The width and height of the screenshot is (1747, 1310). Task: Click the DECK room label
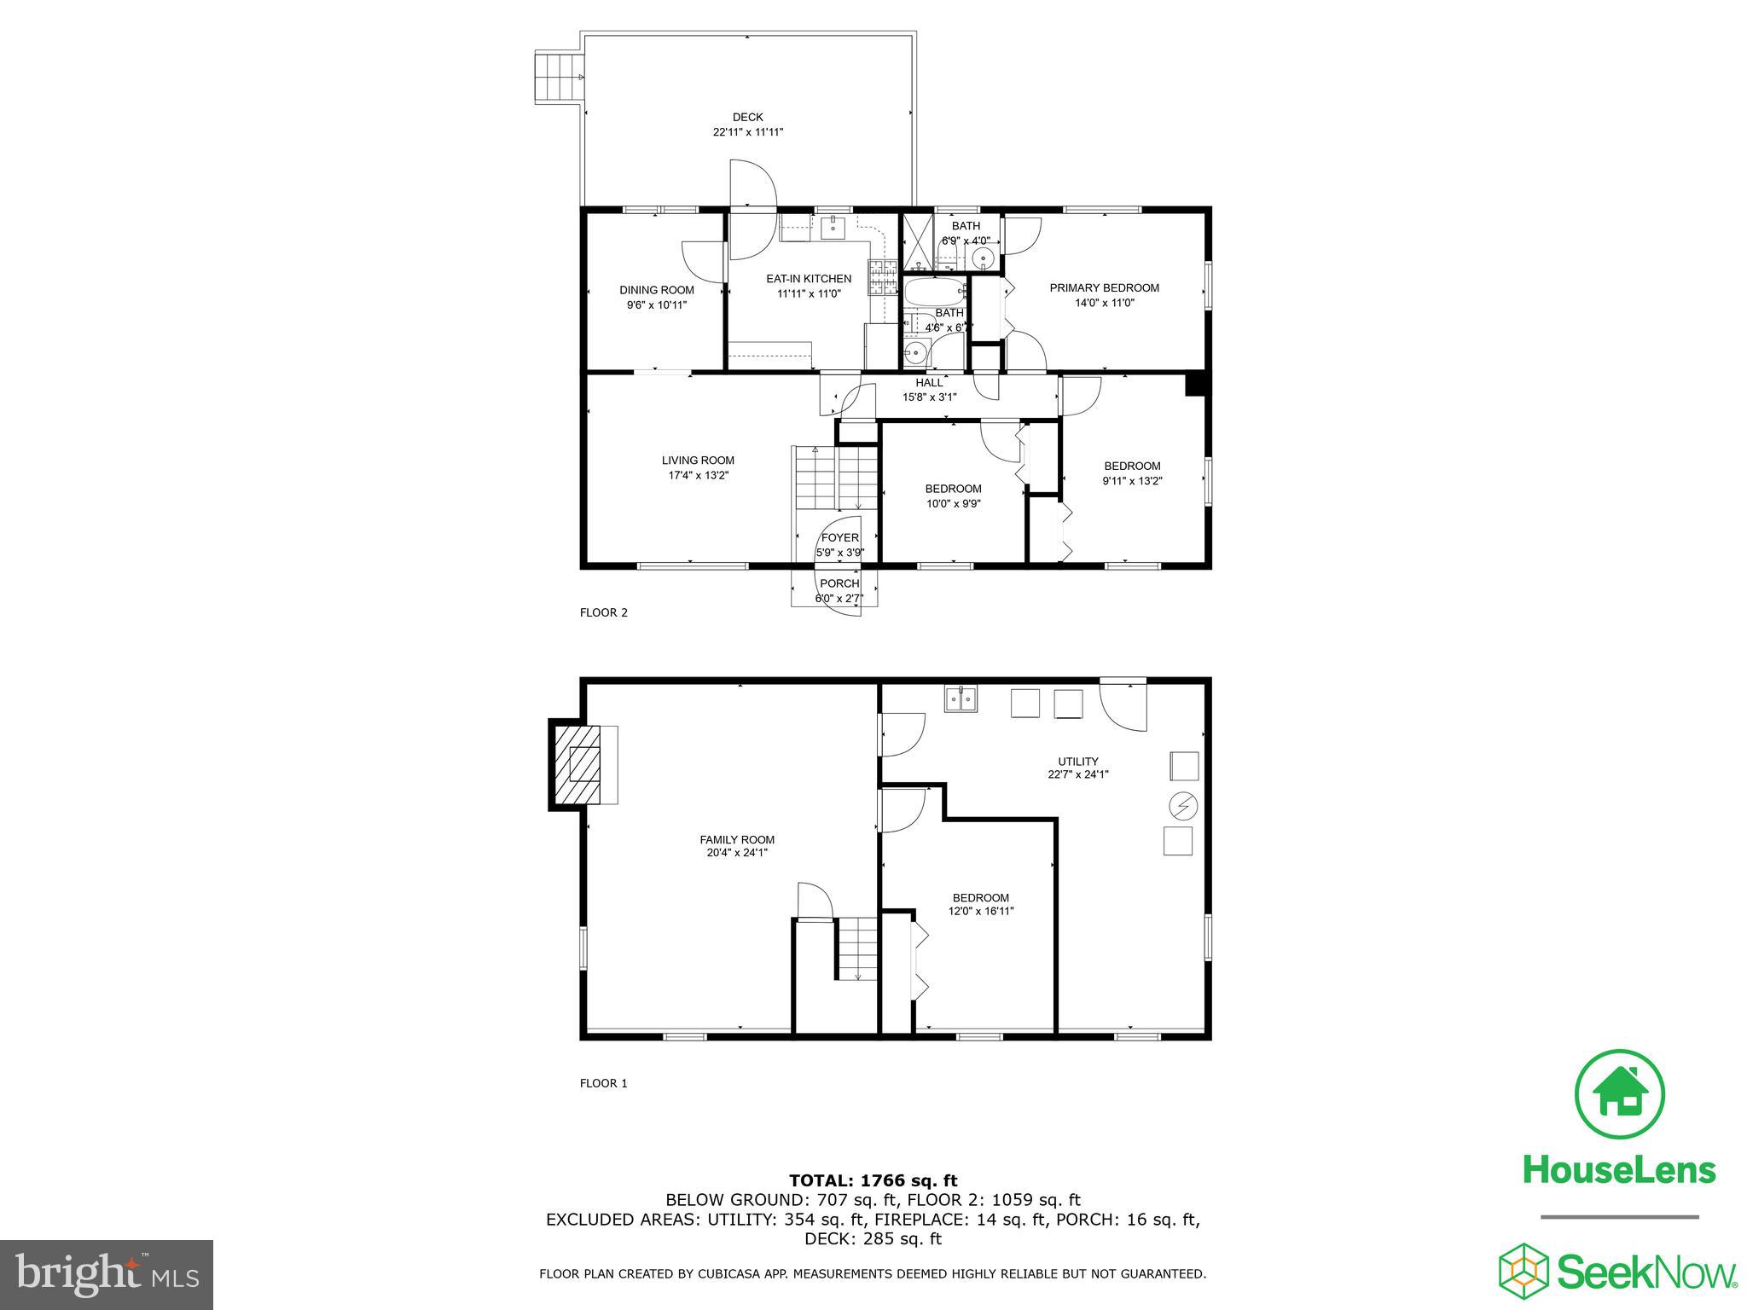(747, 118)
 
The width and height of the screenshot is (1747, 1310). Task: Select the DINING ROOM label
(656, 290)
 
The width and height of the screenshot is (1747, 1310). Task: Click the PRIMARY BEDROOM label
(1104, 288)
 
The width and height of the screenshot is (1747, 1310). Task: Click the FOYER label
(839, 537)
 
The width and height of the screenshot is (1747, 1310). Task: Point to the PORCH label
(839, 583)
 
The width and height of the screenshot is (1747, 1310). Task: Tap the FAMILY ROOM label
(737, 839)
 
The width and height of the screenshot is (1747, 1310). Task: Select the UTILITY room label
(1078, 762)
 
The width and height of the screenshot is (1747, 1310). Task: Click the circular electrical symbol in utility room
(1183, 805)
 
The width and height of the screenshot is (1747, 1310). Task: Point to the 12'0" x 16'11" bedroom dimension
(981, 912)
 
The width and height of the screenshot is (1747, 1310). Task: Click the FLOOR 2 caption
(603, 612)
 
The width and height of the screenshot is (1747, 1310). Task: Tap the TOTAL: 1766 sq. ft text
(873, 1181)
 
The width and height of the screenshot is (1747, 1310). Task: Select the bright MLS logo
(107, 1274)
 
